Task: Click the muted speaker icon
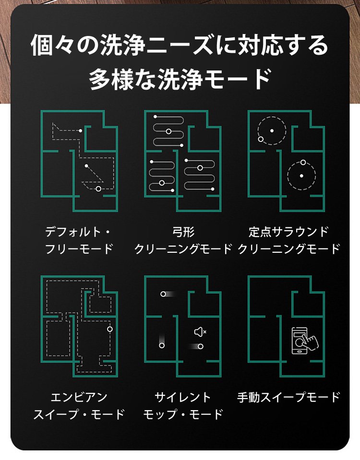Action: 200,332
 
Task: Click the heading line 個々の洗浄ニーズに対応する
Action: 180,45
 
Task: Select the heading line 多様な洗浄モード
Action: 180,79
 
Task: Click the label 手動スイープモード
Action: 288,397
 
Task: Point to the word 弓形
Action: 183,232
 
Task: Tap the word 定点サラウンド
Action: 288,232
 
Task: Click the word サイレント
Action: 183,397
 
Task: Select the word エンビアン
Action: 79,398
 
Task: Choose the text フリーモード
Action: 79,249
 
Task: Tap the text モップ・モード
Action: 183,414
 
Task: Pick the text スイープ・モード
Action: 79,414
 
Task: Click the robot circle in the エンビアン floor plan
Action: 110,329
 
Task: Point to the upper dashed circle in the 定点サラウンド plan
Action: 286,130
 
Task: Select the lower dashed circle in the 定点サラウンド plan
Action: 316,176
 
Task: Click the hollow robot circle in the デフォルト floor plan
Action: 99,189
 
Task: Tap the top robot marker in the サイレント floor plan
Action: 163,294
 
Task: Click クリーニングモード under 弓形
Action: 183,249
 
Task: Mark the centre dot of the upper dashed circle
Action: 272,130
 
